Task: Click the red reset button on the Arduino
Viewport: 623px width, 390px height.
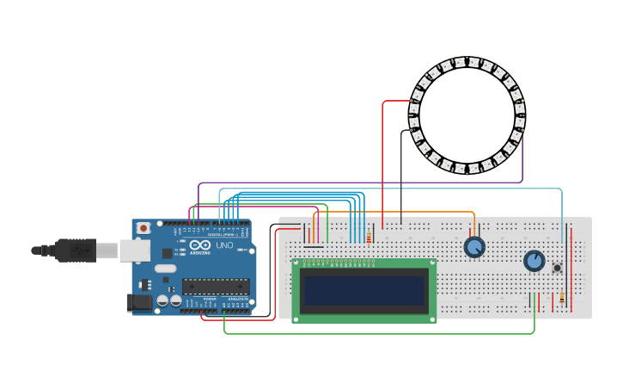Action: click(144, 228)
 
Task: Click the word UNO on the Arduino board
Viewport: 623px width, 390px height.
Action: click(223, 245)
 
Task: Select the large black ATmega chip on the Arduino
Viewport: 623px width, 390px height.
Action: click(215, 287)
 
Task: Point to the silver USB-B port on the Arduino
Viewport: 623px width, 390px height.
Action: click(134, 250)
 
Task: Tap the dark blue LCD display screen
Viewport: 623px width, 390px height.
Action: click(363, 290)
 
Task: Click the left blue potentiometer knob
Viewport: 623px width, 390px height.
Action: click(474, 247)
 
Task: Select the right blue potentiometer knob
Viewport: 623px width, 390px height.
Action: click(534, 260)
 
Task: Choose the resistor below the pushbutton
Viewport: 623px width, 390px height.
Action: click(562, 298)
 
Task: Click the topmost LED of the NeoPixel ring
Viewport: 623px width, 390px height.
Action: click(460, 62)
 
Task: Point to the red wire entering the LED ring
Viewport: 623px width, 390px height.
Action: click(383, 155)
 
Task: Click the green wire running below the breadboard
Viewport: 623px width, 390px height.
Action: click(378, 333)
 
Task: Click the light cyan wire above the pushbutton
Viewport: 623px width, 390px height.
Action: click(562, 215)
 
